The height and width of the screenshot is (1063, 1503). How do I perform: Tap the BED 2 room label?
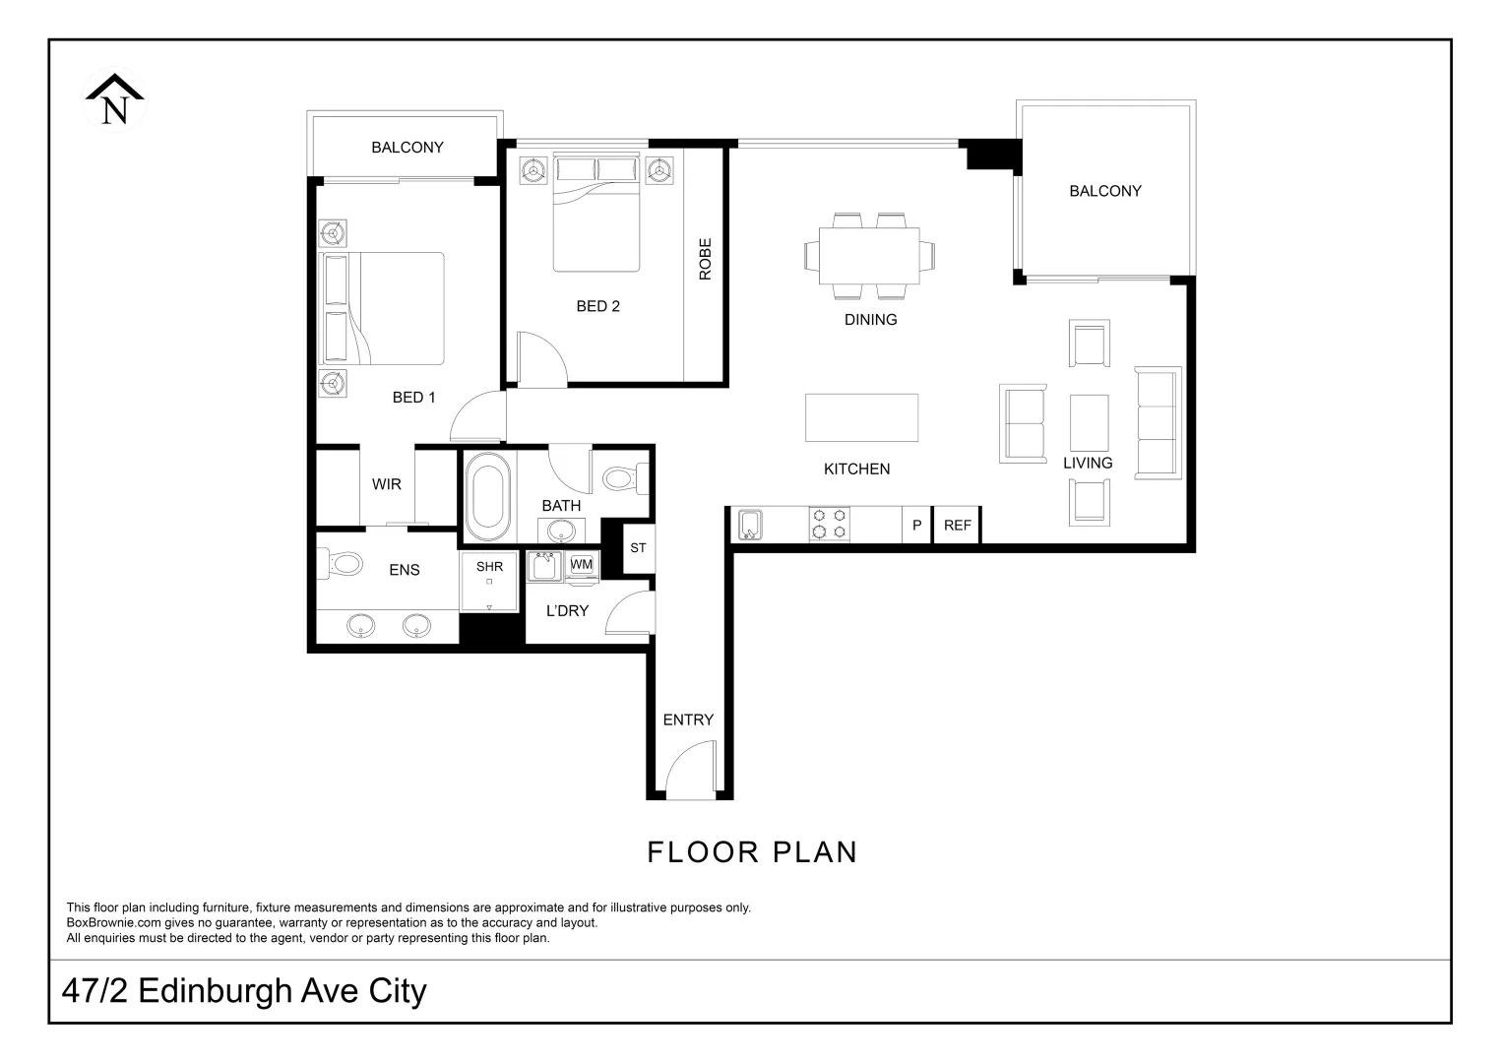point(597,306)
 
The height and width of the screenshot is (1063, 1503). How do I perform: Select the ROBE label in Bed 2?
point(705,259)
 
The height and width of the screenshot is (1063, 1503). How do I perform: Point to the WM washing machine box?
point(582,564)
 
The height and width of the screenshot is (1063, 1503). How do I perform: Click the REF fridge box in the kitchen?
point(957,526)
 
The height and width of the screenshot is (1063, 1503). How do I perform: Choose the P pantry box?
point(916,526)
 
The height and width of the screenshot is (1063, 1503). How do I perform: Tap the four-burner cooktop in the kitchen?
point(829,524)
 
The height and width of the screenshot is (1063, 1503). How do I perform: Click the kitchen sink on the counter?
point(750,525)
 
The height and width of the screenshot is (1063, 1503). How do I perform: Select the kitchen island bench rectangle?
point(861,417)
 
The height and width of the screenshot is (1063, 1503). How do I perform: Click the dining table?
point(869,255)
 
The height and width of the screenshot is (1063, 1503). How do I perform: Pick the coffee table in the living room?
point(1089,422)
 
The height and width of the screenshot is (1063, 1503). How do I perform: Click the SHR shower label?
point(489,567)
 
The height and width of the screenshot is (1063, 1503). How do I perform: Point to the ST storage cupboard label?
point(638,548)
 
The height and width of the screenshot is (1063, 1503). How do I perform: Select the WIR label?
point(387,484)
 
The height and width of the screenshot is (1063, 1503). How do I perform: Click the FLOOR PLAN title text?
point(752,852)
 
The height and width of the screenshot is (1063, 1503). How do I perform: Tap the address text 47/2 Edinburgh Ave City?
point(244,991)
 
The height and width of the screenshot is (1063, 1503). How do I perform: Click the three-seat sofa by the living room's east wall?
point(1158,423)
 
